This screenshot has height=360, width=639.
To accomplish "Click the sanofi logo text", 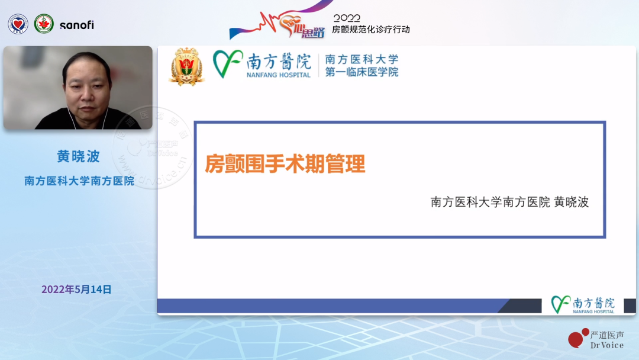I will click(76, 25).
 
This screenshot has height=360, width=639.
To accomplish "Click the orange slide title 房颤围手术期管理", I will click(285, 163).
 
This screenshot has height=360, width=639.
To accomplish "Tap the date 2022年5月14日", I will click(76, 290).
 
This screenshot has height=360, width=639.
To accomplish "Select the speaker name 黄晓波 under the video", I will click(78, 156).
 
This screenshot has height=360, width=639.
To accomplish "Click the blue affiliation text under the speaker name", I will click(79, 181).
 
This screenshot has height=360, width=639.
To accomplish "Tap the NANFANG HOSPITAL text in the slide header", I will click(279, 75).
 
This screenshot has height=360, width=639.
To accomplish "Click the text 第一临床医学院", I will click(362, 72).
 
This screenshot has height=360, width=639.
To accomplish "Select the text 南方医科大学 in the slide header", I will click(362, 59).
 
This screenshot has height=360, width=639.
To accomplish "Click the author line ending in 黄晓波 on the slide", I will click(509, 202).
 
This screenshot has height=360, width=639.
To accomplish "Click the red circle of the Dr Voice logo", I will click(575, 339).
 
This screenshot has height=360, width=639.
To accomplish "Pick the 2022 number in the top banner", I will click(347, 18).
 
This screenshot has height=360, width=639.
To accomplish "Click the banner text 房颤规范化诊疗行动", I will click(370, 29).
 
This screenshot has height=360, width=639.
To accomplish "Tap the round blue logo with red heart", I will click(18, 24).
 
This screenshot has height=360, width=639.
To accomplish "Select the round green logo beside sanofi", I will click(44, 24).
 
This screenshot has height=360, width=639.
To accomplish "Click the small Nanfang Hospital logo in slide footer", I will click(583, 304).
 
